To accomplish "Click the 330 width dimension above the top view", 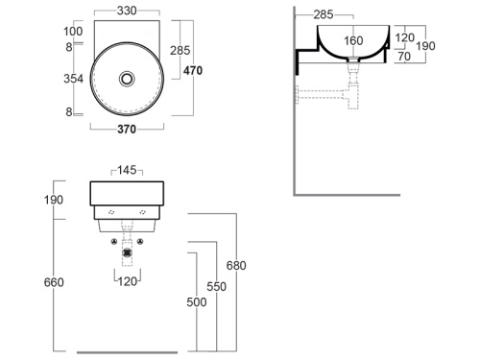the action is coord(127,11).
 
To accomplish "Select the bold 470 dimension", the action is coord(193,70).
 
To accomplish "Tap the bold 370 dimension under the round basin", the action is coord(127,130).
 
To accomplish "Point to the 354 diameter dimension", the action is coord(73,79).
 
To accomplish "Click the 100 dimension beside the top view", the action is coord(73,32).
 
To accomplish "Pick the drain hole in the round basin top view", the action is coord(127,79).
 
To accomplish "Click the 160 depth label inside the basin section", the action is coord(353,40).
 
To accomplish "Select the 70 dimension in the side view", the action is coord(404,57).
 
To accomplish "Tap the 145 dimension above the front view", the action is coord(127,170).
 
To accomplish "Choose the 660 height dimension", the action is coord(54,282).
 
